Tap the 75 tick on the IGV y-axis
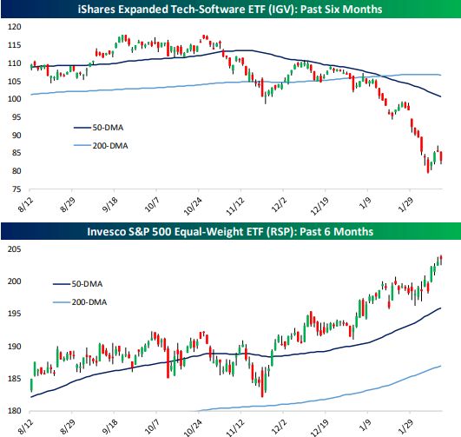coord(14,189)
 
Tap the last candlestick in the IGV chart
coord(442,157)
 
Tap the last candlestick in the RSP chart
coord(442,258)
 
